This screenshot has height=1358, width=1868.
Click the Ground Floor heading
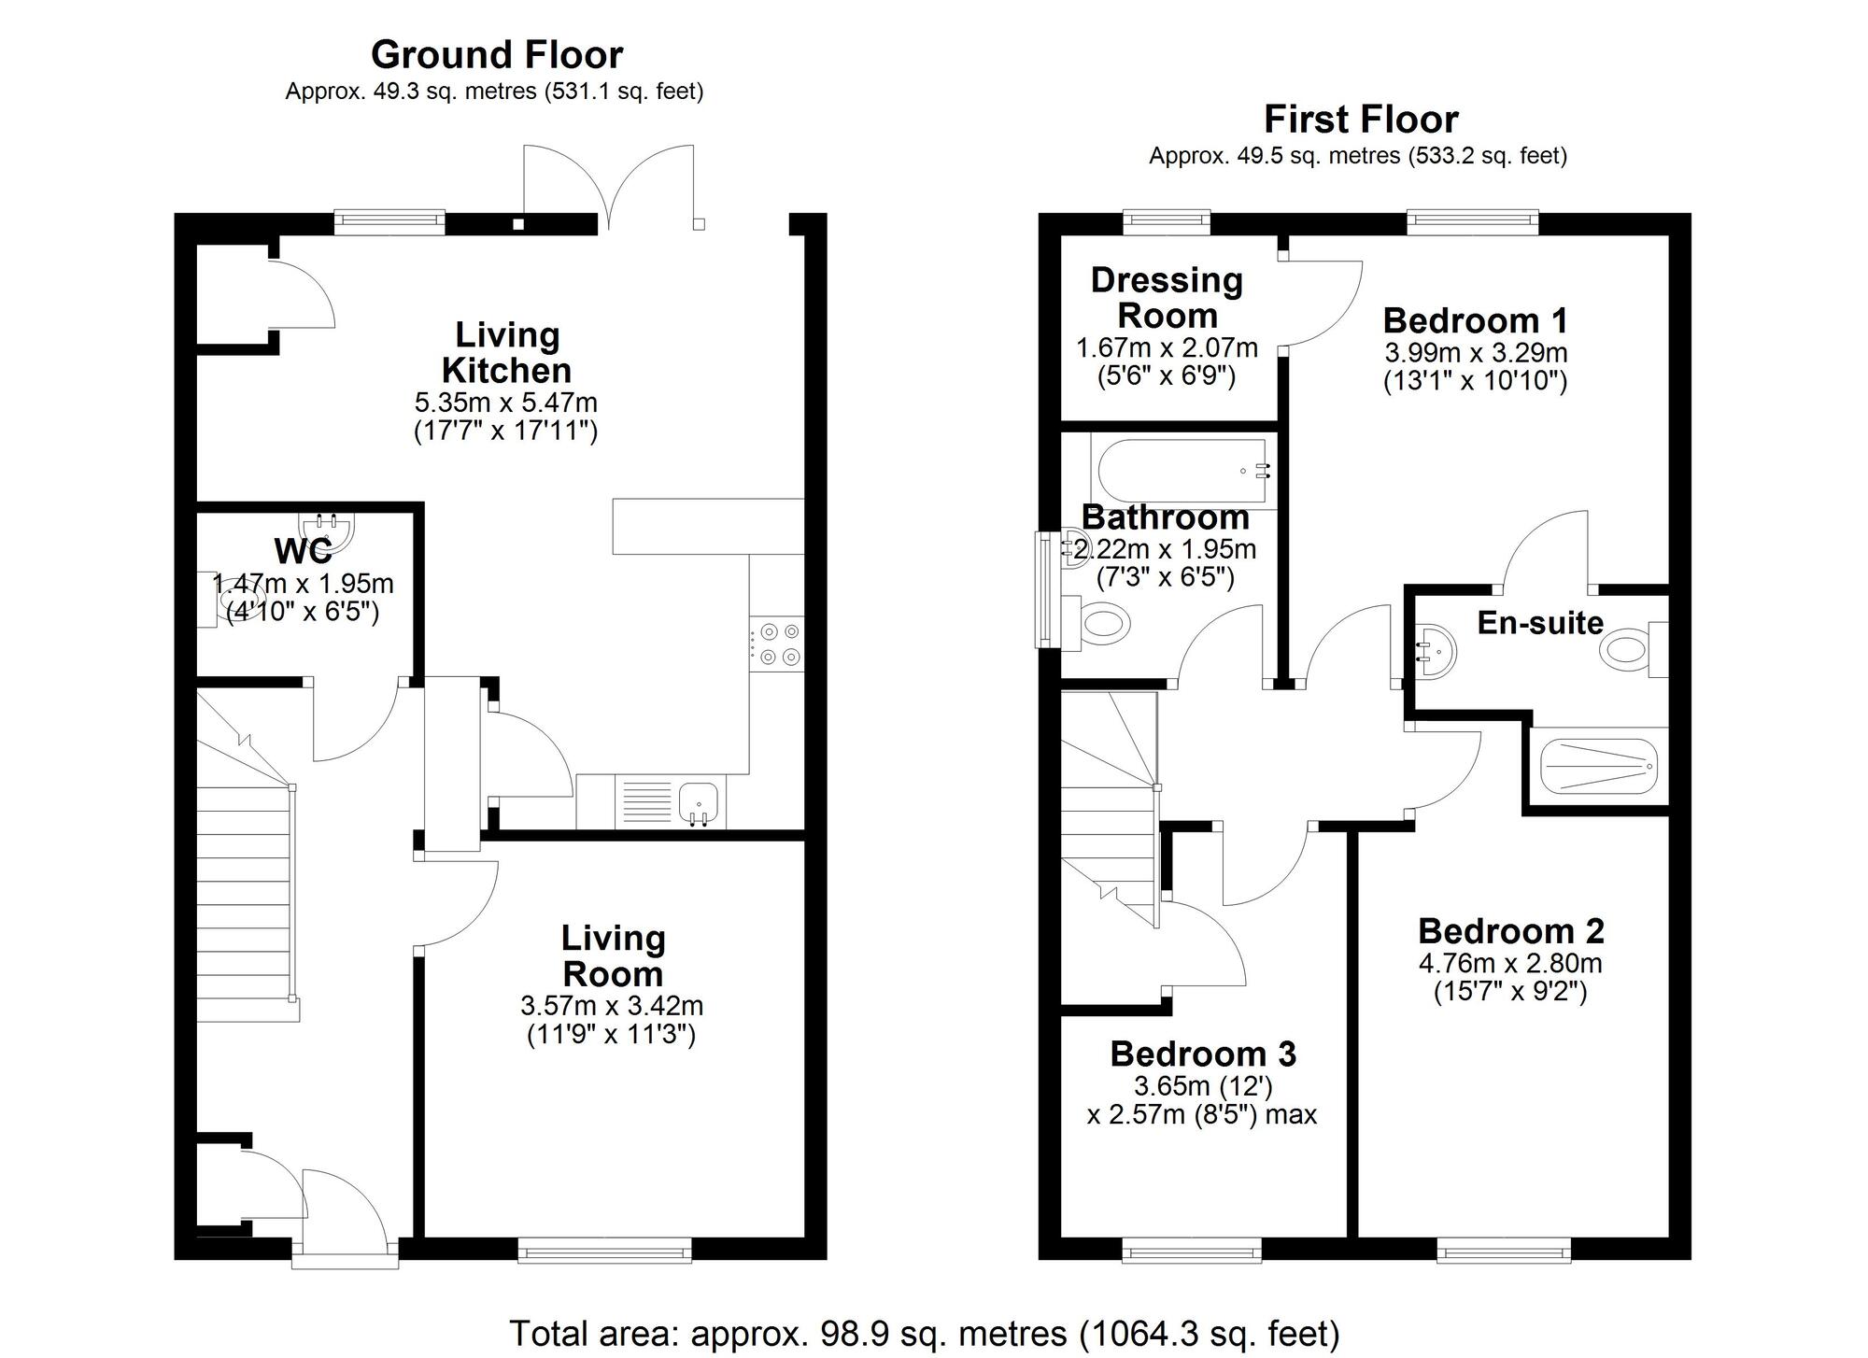497,55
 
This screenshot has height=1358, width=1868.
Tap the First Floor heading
1361,120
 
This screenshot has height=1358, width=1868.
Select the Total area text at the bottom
924,1333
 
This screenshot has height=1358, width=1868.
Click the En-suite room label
1540,623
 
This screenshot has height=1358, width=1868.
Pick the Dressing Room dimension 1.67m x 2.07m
1167,348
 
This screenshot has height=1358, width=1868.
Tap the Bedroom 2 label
1510,930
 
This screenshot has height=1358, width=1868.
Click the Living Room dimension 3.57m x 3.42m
612,1006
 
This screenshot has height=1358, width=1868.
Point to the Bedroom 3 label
1203,1054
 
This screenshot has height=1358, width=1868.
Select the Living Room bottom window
604,1252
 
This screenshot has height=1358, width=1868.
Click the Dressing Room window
1166,221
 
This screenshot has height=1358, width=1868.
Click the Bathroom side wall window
1042,589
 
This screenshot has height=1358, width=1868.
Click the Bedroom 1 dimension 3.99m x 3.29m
1475,353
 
